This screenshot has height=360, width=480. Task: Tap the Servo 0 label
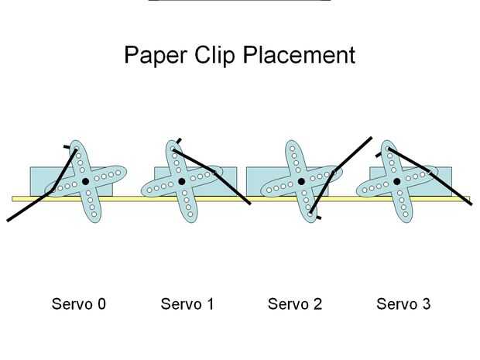click(x=78, y=304)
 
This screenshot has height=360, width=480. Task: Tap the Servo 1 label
click(x=187, y=304)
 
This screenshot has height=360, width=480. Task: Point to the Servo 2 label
click(x=294, y=304)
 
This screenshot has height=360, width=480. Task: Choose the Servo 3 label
click(x=403, y=304)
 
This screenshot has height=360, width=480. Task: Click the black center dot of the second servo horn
click(x=181, y=182)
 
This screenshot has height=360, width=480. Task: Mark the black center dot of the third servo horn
click(x=301, y=182)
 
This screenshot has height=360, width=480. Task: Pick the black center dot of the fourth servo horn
click(x=396, y=182)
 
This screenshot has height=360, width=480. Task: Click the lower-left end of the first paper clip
click(x=9, y=220)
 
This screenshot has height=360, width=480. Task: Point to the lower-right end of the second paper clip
click(x=249, y=204)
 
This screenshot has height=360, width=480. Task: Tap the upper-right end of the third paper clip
click(x=371, y=139)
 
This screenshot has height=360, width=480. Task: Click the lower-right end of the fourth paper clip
click(x=469, y=203)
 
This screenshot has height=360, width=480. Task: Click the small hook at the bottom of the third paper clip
click(x=317, y=218)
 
